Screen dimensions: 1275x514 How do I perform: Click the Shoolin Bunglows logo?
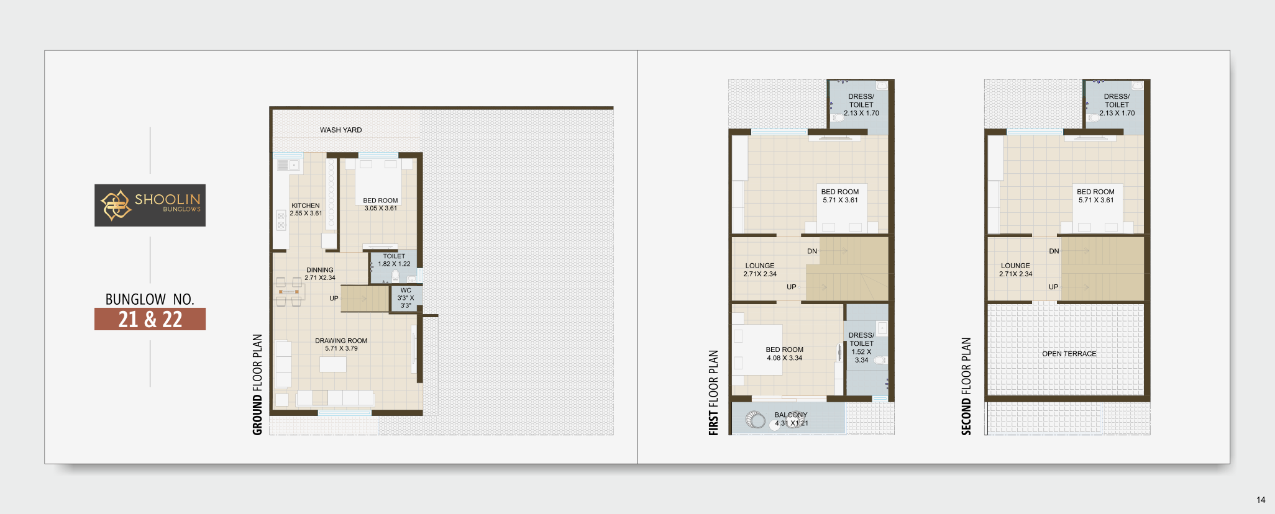coord(150,205)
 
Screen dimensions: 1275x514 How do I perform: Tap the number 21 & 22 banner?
coord(150,319)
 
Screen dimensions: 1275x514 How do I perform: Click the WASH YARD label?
coord(340,130)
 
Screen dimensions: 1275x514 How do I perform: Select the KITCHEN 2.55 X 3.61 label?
coord(306,209)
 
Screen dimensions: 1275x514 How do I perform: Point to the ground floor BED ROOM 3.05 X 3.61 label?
coord(380,204)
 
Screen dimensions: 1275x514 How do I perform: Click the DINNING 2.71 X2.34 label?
coord(320,274)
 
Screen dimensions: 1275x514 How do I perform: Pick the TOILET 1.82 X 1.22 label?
coord(394,260)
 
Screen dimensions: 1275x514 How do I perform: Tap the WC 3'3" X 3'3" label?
coord(406,298)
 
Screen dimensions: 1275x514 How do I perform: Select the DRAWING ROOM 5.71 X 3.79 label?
coord(341,345)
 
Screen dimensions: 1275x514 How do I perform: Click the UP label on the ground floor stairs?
coord(334,299)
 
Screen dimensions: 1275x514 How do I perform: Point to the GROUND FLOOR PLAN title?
coord(257,385)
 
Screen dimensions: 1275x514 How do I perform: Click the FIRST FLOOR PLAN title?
coord(713,393)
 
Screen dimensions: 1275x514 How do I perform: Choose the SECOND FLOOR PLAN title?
coord(966,386)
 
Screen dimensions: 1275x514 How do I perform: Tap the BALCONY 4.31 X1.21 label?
coord(791,419)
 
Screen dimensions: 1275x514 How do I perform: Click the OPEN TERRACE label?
coord(1069,354)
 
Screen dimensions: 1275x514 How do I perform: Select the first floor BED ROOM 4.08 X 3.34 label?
coord(784,354)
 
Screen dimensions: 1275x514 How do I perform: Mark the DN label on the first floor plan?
coord(812,251)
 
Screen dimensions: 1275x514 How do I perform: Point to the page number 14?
coord(1261,500)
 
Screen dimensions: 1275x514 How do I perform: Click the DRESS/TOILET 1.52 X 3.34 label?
coord(861,348)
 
